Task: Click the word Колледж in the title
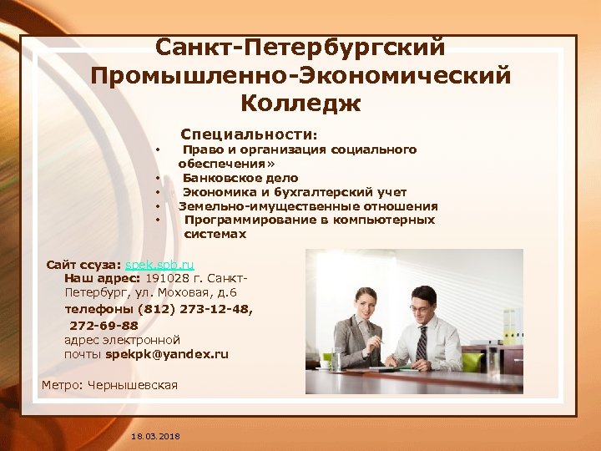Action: (300, 104)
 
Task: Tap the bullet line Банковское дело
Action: (240, 178)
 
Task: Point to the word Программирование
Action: (250, 220)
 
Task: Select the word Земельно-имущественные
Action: (250, 206)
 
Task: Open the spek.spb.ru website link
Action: (159, 264)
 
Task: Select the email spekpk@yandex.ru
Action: (167, 354)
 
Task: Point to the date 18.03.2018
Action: (155, 436)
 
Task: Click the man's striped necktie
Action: (422, 342)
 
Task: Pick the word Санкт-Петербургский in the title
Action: (300, 48)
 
